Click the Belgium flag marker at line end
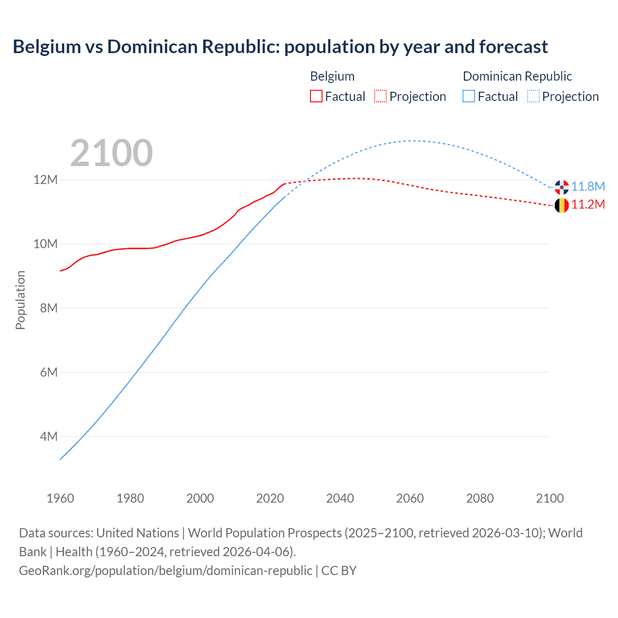562,205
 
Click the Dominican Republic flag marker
562,187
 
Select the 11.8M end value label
588,186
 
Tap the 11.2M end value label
588,205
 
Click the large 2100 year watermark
112,153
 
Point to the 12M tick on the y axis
45,180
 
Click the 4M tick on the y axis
49,436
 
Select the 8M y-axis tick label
49,308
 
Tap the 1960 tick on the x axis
60,498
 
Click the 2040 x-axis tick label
340,498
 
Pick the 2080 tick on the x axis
480,498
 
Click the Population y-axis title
20,300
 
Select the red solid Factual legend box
316,96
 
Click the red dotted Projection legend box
380,96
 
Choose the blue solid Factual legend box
469,96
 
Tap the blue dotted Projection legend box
533,96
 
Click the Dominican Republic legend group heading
517,76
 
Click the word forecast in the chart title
513,47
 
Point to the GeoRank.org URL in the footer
166,570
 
